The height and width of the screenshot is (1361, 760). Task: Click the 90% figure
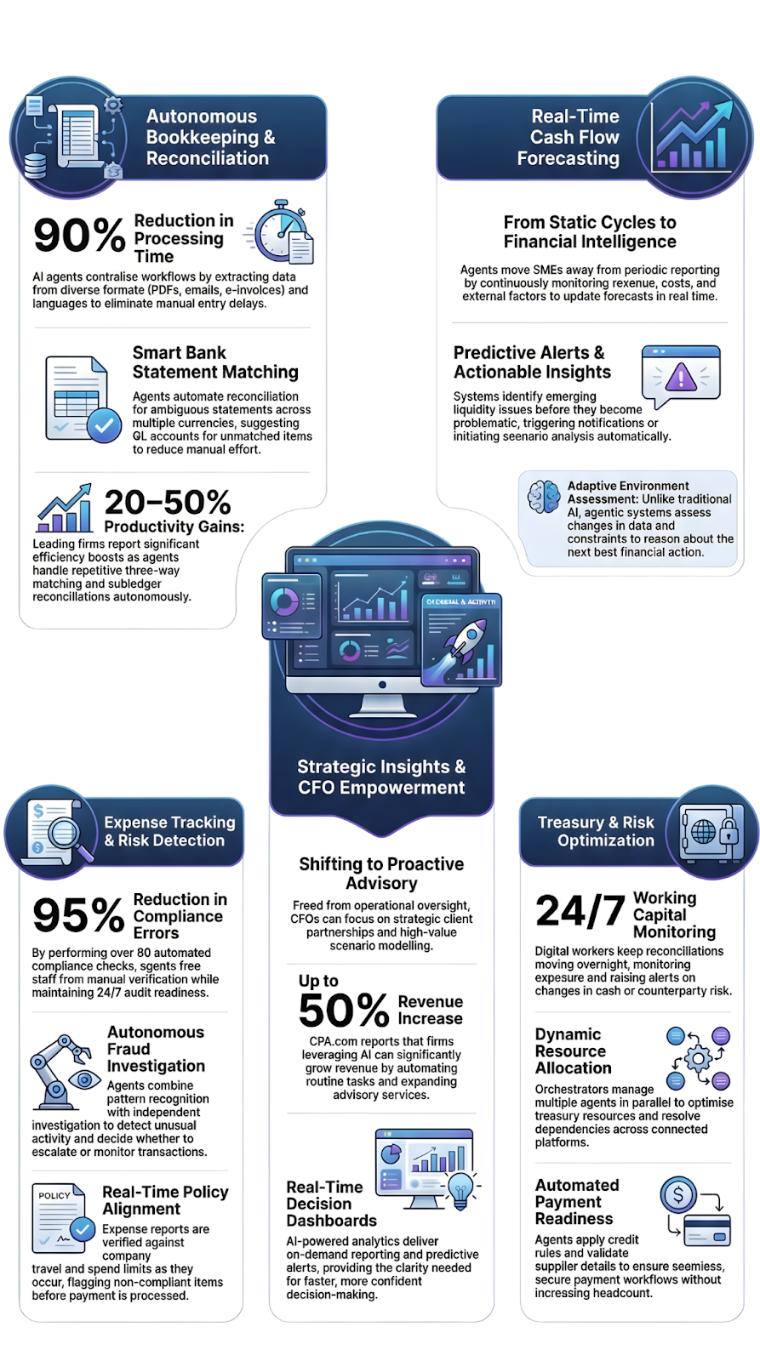79,236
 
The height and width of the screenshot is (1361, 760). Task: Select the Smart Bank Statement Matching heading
215,362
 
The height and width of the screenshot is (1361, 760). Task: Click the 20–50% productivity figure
168,502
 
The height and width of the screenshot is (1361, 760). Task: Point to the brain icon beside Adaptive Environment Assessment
544,497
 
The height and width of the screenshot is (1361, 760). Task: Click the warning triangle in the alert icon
681,377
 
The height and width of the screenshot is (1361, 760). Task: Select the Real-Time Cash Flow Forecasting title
569,137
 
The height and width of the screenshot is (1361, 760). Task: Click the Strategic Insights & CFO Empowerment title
381,777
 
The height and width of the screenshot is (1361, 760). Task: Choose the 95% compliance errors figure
78,915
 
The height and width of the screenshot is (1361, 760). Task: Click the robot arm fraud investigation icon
60,1072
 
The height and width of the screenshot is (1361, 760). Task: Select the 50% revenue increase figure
344,1011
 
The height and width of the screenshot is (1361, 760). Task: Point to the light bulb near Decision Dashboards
460,1187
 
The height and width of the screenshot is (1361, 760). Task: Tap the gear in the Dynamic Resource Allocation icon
699,1059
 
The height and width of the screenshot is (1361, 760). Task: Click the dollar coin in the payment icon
678,1195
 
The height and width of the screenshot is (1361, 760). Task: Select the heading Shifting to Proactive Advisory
381,874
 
